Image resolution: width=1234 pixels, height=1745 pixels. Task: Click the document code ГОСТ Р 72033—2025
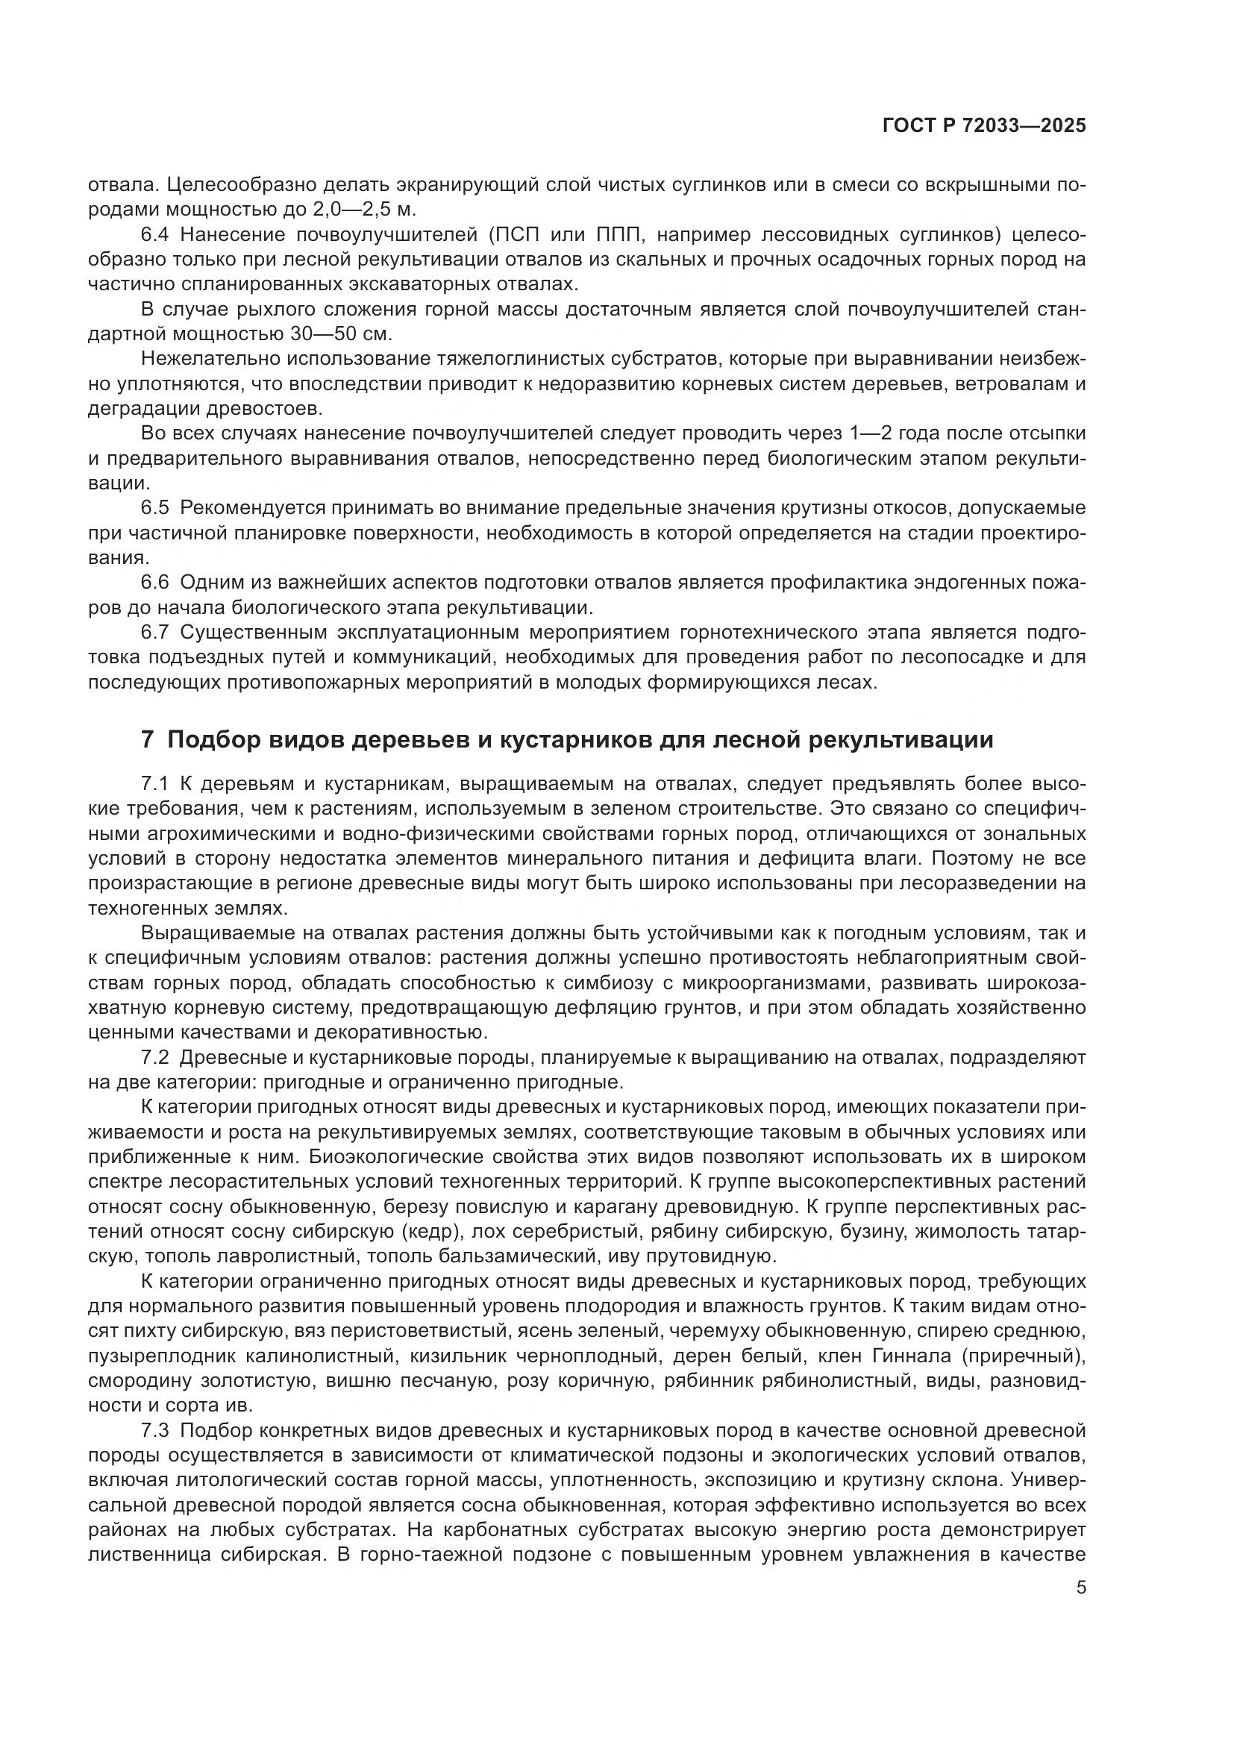point(984,125)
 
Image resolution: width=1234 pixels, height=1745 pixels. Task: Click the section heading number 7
point(148,739)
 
